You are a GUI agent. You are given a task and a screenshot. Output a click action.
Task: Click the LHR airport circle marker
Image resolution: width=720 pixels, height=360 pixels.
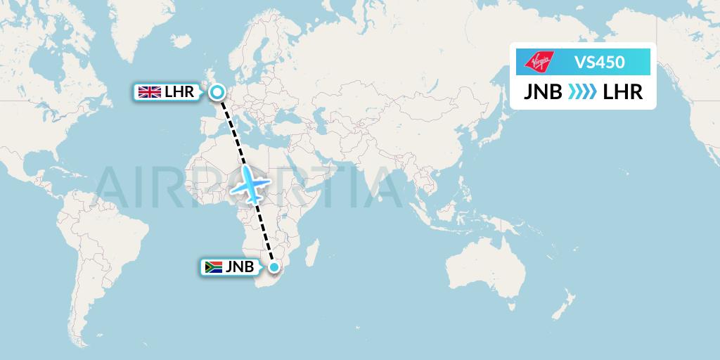pyautogui.click(x=217, y=91)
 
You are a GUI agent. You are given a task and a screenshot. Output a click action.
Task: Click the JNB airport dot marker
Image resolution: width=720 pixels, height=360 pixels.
pyautogui.click(x=274, y=267)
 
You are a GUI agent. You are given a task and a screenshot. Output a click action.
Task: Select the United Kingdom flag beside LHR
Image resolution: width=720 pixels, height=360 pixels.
pyautogui.click(x=148, y=91)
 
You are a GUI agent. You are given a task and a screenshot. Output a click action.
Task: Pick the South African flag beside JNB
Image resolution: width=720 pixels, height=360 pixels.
pyautogui.click(x=213, y=267)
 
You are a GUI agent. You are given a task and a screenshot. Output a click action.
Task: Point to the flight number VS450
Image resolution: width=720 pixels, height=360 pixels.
pyautogui.click(x=599, y=62)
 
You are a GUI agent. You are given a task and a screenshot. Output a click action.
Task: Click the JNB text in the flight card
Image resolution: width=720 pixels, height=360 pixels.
pyautogui.click(x=541, y=92)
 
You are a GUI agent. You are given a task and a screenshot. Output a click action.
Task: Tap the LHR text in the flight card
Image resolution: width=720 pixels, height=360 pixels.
pyautogui.click(x=623, y=92)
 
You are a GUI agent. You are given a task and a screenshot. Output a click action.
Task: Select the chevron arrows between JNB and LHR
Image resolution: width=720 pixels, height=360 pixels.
pyautogui.click(x=582, y=92)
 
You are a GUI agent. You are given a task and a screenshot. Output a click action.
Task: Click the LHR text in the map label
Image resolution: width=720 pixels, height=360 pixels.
pyautogui.click(x=179, y=91)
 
